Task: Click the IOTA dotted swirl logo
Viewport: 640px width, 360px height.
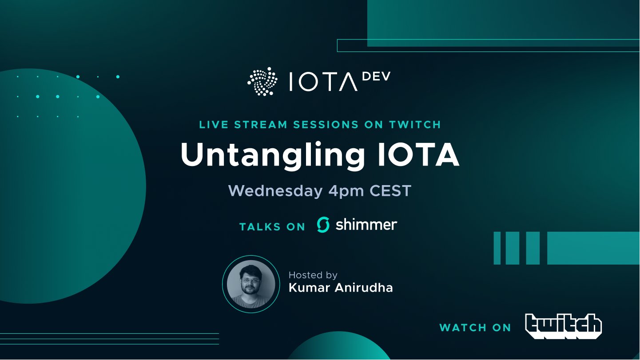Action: [x=262, y=82]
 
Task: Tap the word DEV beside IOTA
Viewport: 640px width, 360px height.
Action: [x=376, y=77]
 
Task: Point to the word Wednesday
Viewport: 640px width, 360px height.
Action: [x=275, y=191]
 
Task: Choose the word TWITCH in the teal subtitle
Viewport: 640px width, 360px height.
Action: [x=414, y=125]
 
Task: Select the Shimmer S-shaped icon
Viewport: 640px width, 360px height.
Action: [x=323, y=225]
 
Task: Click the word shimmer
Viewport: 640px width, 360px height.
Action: [x=366, y=224]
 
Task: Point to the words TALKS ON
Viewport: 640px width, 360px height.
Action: [x=272, y=227]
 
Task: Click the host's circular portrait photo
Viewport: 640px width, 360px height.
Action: [x=251, y=284]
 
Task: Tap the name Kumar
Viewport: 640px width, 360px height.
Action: [x=306, y=288]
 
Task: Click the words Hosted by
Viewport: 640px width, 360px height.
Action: [x=313, y=275]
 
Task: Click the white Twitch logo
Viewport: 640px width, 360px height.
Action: [x=563, y=326]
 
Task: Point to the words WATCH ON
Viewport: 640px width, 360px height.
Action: [x=475, y=328]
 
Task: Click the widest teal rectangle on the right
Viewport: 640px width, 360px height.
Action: [x=593, y=248]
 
